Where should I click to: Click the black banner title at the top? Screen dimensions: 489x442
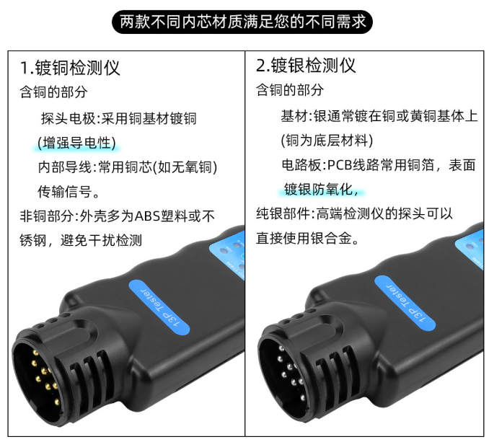242,22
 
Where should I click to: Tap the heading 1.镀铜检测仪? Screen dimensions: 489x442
70,68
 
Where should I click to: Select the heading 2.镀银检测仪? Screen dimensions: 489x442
306,66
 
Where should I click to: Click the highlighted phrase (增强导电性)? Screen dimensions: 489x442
76,143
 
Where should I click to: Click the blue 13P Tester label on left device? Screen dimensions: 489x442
159,307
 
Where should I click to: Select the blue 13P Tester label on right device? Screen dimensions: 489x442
405,303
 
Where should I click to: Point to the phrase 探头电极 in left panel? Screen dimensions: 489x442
69,119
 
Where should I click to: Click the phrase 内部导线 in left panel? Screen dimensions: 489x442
65,167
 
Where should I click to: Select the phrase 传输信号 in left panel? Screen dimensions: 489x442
65,192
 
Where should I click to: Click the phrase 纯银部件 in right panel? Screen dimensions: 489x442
283,214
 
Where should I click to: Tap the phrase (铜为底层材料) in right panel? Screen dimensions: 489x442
327,141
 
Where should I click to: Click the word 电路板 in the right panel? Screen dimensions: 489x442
301,165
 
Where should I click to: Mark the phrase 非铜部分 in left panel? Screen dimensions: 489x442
47,216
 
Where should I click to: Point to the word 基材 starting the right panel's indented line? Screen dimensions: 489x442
294,116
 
